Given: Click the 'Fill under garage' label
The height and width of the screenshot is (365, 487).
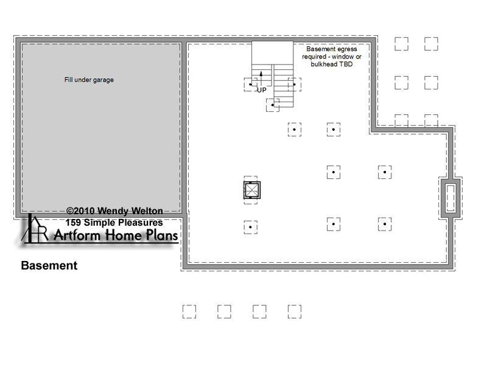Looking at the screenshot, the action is (x=89, y=80).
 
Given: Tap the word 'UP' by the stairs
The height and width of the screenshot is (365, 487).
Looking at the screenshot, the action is (x=262, y=90).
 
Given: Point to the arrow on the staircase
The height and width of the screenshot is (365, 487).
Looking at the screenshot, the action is (x=261, y=78).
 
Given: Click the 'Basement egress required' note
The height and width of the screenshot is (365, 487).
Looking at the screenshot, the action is (x=332, y=57).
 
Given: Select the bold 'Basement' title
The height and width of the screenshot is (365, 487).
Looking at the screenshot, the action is (x=49, y=265).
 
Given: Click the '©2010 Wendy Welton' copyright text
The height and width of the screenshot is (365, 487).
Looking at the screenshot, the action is (x=114, y=211).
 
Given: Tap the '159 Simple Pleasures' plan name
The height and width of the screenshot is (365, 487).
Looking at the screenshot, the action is (x=114, y=223).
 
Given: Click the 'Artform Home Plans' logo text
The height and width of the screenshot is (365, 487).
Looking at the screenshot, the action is (x=116, y=235).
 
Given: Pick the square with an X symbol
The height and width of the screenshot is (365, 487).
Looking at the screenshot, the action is (x=252, y=190).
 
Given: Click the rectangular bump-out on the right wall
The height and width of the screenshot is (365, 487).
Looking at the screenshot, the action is (x=450, y=198).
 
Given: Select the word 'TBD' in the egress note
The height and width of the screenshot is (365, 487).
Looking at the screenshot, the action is (x=346, y=64).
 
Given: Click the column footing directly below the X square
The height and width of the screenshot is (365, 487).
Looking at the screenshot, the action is (x=250, y=227).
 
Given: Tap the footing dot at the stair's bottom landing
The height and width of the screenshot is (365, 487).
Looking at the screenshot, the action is (x=272, y=105).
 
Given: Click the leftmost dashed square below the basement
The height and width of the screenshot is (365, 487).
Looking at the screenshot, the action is (x=189, y=311).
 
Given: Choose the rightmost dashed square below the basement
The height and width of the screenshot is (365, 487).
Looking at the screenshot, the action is (x=295, y=311).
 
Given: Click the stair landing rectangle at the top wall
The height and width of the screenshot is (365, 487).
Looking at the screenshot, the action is (x=272, y=53).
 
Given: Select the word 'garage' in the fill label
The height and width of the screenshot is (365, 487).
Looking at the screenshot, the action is (x=103, y=80).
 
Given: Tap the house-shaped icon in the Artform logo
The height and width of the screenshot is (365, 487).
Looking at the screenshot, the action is (x=34, y=228).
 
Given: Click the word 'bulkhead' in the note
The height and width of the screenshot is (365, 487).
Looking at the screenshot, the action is (x=324, y=64).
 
